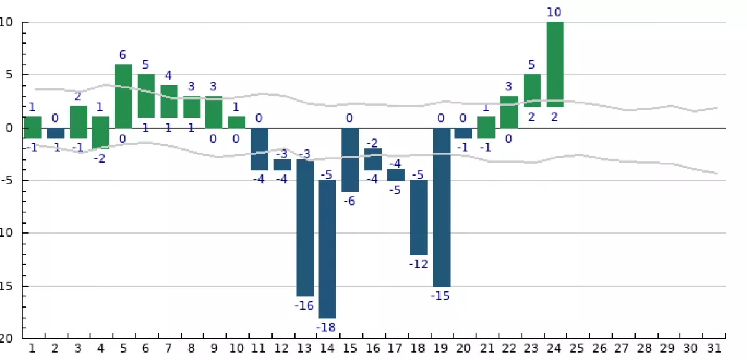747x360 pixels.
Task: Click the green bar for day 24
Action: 555,64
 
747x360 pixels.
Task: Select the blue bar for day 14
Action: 327,249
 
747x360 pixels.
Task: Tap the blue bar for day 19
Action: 441,207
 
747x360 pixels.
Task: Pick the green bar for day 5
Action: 123,96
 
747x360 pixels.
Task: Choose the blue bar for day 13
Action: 305,228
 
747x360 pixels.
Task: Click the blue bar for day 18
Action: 418,217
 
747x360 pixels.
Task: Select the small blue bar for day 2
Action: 55,133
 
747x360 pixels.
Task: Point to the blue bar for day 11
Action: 260,149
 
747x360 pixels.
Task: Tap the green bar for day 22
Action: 509,112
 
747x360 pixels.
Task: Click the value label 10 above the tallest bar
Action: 555,12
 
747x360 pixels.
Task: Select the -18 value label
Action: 327,327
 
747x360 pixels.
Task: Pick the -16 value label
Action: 304,305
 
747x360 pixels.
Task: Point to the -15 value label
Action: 441,296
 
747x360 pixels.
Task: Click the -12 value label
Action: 418,264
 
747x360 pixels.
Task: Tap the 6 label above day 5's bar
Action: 123,55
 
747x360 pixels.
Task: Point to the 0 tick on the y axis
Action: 9,128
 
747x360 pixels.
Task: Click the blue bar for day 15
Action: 350,160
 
